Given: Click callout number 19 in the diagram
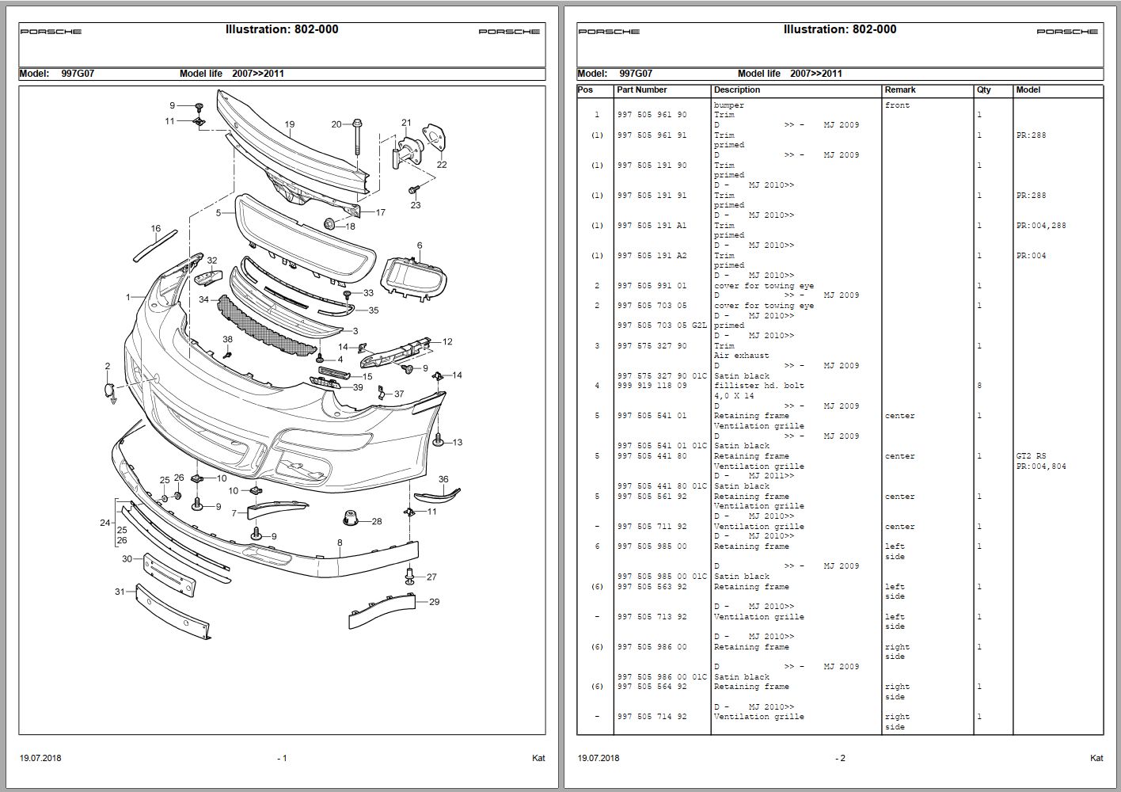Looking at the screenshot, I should point(290,124).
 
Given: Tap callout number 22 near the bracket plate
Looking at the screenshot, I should point(442,165).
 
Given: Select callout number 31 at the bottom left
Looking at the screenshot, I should point(120,592).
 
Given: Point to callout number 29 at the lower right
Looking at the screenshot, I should point(434,602).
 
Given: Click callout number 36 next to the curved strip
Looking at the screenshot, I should point(443,479).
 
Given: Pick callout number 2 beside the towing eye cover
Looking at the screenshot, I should point(108,366).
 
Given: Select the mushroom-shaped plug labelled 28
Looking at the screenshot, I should point(351,520).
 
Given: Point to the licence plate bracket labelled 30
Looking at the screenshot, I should point(169,574).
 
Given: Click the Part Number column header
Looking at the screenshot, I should point(641,90).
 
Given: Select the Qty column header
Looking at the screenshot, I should point(983,90).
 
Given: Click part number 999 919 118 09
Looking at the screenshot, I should point(652,386).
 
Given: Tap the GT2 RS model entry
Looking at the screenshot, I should point(1030,456).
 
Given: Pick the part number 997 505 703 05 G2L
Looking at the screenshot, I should point(662,326).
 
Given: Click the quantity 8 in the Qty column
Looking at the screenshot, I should point(979,386).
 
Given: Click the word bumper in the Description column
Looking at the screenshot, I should point(728,105).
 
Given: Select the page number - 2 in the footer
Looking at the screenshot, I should point(840,758).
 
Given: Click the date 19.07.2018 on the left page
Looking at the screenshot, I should point(40,758).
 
